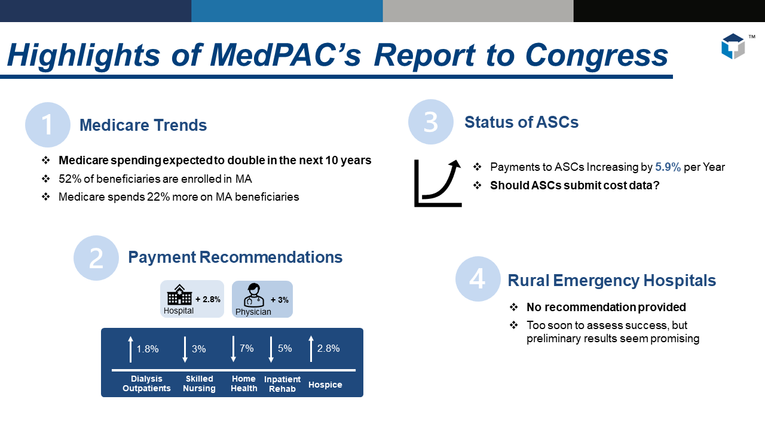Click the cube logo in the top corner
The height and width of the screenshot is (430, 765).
click(x=733, y=47)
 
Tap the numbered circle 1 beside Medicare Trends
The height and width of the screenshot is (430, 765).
click(x=48, y=125)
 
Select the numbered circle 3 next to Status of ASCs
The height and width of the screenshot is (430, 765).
click(x=431, y=122)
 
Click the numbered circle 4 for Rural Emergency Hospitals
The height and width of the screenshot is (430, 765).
click(x=478, y=279)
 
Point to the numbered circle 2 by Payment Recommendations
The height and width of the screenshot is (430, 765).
click(x=96, y=258)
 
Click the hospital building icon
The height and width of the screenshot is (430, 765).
click(x=179, y=295)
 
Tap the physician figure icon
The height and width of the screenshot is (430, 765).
click(x=254, y=295)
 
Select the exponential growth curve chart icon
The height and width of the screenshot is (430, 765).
click(x=438, y=183)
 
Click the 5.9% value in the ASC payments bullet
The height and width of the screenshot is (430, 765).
click(x=668, y=167)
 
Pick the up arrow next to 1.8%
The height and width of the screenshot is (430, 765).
click(x=130, y=349)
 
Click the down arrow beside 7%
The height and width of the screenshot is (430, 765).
click(x=233, y=349)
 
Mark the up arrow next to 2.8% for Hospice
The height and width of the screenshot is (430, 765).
click(x=311, y=349)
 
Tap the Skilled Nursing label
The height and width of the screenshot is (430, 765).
click(x=199, y=383)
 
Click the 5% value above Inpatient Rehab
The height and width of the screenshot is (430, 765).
click(x=284, y=348)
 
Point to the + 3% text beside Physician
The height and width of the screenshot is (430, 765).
click(x=279, y=300)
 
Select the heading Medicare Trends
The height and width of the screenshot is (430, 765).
click(x=143, y=125)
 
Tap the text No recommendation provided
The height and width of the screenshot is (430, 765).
click(x=606, y=308)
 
